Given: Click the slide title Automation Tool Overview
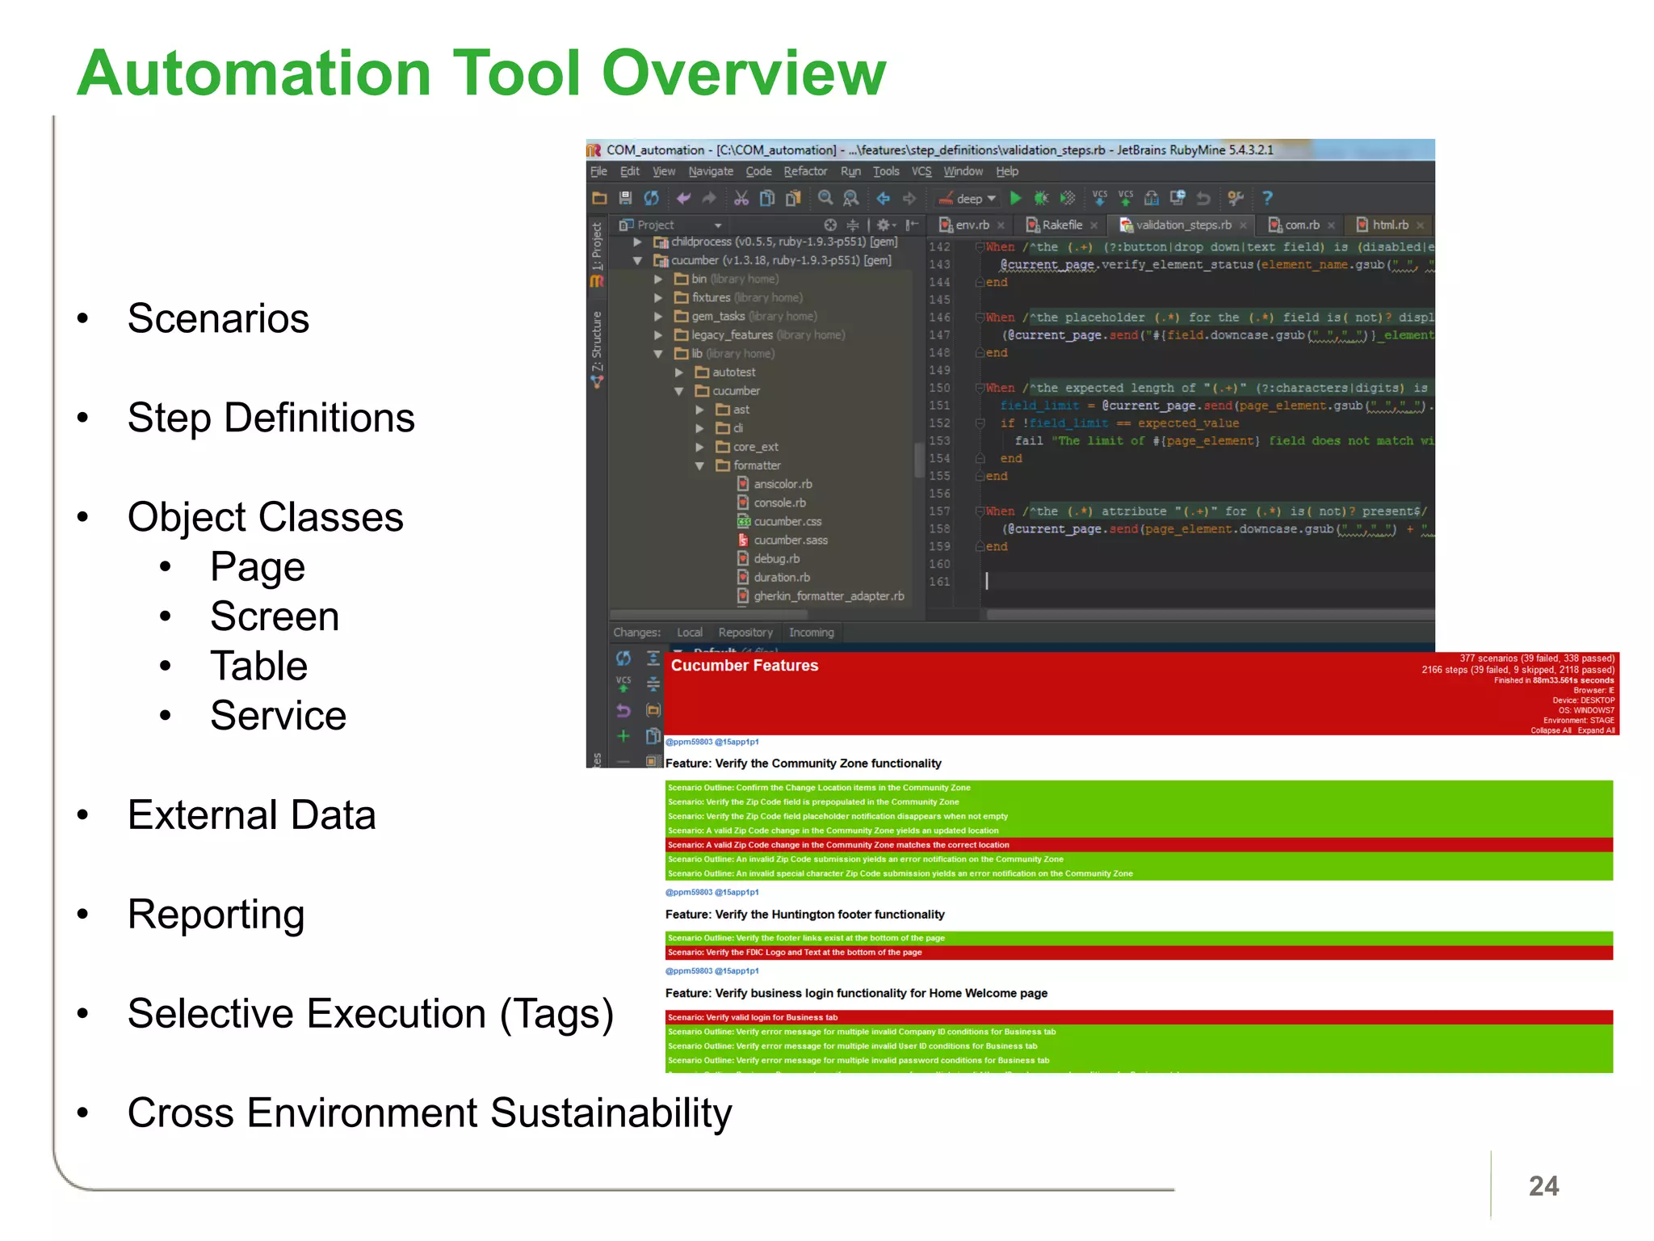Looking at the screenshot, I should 481,73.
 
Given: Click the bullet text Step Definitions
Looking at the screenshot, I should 271,418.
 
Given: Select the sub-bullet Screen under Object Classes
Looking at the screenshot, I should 275,616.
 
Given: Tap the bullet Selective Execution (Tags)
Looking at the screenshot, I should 370,1013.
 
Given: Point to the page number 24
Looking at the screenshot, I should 1543,1185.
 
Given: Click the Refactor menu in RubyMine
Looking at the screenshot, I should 804,171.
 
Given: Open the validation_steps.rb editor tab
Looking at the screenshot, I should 1182,225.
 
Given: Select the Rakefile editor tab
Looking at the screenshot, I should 1061,225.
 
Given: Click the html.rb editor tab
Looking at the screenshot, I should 1389,225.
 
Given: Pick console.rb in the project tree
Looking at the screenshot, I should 779,503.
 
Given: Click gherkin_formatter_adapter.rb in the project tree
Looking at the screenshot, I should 829,596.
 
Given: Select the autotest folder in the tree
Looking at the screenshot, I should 733,372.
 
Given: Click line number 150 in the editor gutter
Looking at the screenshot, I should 939,388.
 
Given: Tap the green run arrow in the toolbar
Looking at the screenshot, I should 1015,198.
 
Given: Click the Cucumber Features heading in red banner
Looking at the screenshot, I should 744,666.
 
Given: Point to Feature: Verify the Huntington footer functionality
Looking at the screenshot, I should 804,915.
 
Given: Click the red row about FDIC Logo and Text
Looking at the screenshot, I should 795,953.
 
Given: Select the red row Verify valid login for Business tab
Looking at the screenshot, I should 753,1017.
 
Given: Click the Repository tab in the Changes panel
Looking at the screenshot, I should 745,633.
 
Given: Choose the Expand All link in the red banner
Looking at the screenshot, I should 1596,730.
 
